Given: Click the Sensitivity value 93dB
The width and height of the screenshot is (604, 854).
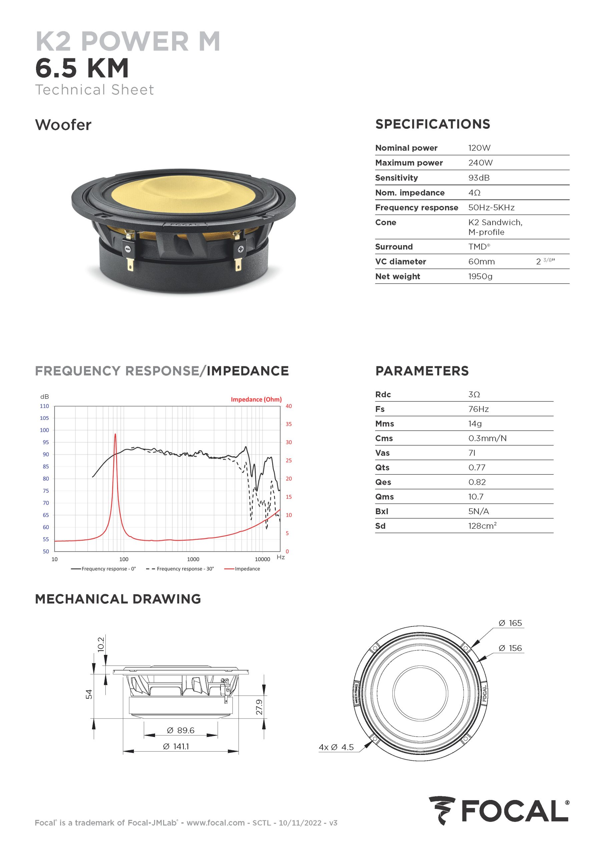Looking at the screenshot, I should click(x=479, y=178).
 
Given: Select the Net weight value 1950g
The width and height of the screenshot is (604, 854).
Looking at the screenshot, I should click(x=480, y=276).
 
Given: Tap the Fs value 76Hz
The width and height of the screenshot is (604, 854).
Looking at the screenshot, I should click(x=478, y=409).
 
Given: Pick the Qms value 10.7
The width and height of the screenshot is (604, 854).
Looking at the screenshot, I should click(x=476, y=497).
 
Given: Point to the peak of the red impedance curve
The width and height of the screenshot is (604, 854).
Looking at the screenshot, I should click(x=115, y=434).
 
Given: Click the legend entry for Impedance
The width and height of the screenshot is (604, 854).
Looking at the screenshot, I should click(x=247, y=569).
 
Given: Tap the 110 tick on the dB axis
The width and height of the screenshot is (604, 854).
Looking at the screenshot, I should click(x=44, y=406).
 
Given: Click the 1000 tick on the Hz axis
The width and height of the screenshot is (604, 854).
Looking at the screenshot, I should click(x=193, y=559).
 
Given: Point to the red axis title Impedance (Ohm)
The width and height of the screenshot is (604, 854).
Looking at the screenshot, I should click(x=256, y=399).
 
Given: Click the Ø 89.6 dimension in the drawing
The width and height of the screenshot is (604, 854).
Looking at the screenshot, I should click(x=181, y=730).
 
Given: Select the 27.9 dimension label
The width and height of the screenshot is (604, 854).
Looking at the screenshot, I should click(x=259, y=707).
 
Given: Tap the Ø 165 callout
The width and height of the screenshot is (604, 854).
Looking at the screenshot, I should click(x=510, y=623).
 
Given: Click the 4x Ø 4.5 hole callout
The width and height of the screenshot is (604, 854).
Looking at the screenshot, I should click(x=336, y=747).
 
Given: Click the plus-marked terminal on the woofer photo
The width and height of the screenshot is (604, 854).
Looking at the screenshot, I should click(x=240, y=249).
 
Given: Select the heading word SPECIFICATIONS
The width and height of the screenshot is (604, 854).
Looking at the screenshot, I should click(x=433, y=124).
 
